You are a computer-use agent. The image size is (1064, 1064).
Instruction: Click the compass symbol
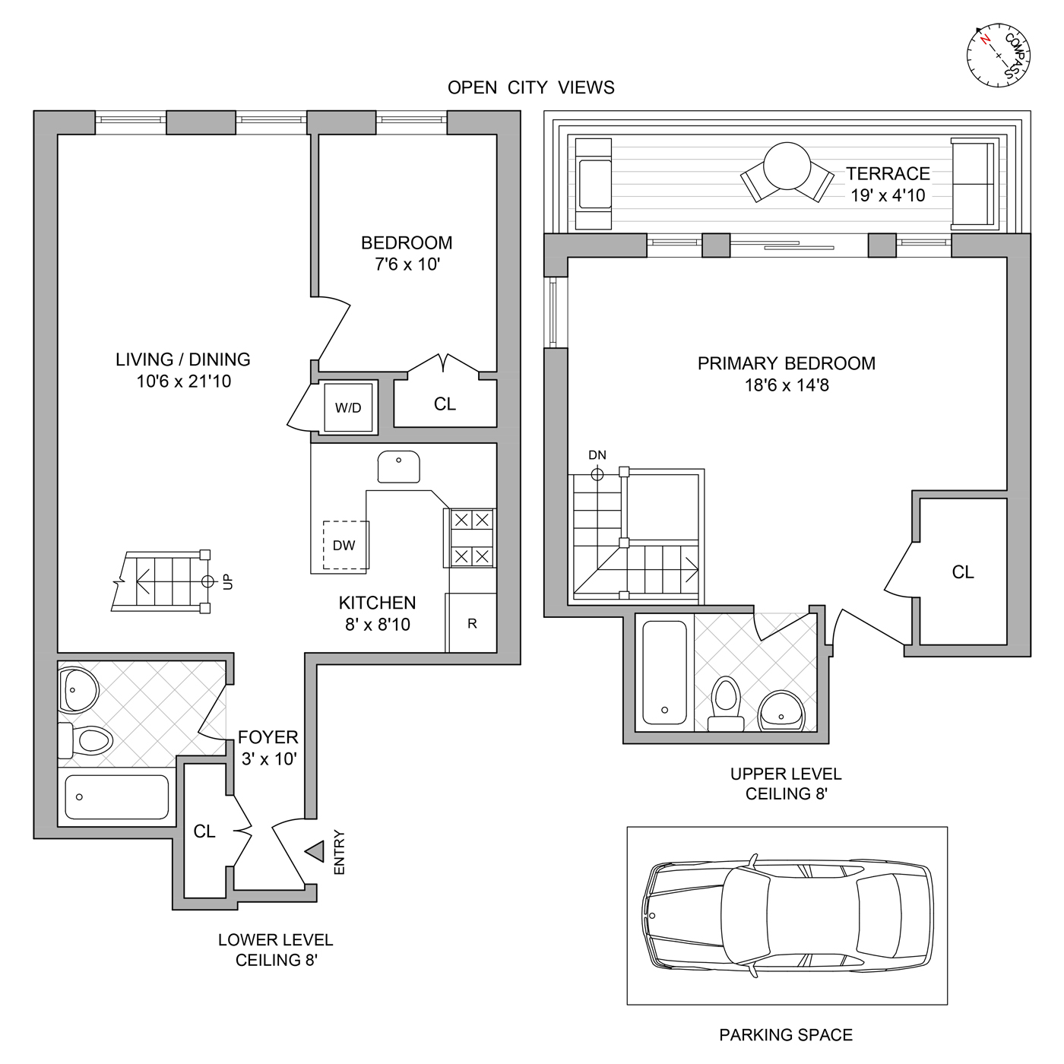(998, 55)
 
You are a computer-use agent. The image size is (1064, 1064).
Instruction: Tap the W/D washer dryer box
(348, 407)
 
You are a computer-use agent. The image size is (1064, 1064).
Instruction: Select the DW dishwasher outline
(345, 545)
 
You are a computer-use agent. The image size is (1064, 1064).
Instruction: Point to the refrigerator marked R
(472, 623)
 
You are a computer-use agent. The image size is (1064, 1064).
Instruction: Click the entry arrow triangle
(315, 852)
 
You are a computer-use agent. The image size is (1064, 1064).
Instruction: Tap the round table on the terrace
(787, 166)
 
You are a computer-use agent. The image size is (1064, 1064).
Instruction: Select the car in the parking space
(787, 916)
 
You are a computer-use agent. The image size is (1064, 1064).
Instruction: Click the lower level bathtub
(116, 796)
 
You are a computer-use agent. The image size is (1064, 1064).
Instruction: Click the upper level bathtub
(665, 673)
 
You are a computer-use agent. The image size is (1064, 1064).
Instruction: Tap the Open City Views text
(530, 88)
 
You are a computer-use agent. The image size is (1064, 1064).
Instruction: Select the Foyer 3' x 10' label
(268, 748)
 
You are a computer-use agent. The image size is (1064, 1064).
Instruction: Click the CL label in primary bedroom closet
(963, 572)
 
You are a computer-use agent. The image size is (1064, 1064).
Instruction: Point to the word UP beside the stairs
(228, 581)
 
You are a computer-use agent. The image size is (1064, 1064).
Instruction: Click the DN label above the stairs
(597, 455)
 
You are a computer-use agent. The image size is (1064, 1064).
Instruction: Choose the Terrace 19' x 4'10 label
(888, 185)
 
